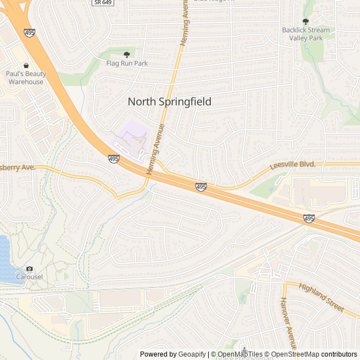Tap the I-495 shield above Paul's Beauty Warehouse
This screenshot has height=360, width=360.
tap(30, 33)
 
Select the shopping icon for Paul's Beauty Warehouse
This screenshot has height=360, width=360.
tap(26, 65)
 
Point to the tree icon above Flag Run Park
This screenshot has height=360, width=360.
tap(127, 54)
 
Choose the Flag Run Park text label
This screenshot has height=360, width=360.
tap(127, 64)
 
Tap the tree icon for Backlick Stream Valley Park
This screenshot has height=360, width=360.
tap(305, 21)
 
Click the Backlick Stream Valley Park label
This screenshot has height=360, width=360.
tap(306, 34)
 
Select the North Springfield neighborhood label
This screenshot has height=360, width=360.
tap(169, 102)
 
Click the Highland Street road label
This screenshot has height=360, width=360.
tap(321, 297)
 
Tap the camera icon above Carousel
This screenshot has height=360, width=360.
tap(29, 269)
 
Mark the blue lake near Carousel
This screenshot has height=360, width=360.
tap(5, 259)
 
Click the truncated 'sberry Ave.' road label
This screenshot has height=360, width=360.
tap(18, 168)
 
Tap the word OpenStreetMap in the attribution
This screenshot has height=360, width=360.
tap(296, 354)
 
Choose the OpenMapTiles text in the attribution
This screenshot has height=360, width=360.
tap(240, 354)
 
